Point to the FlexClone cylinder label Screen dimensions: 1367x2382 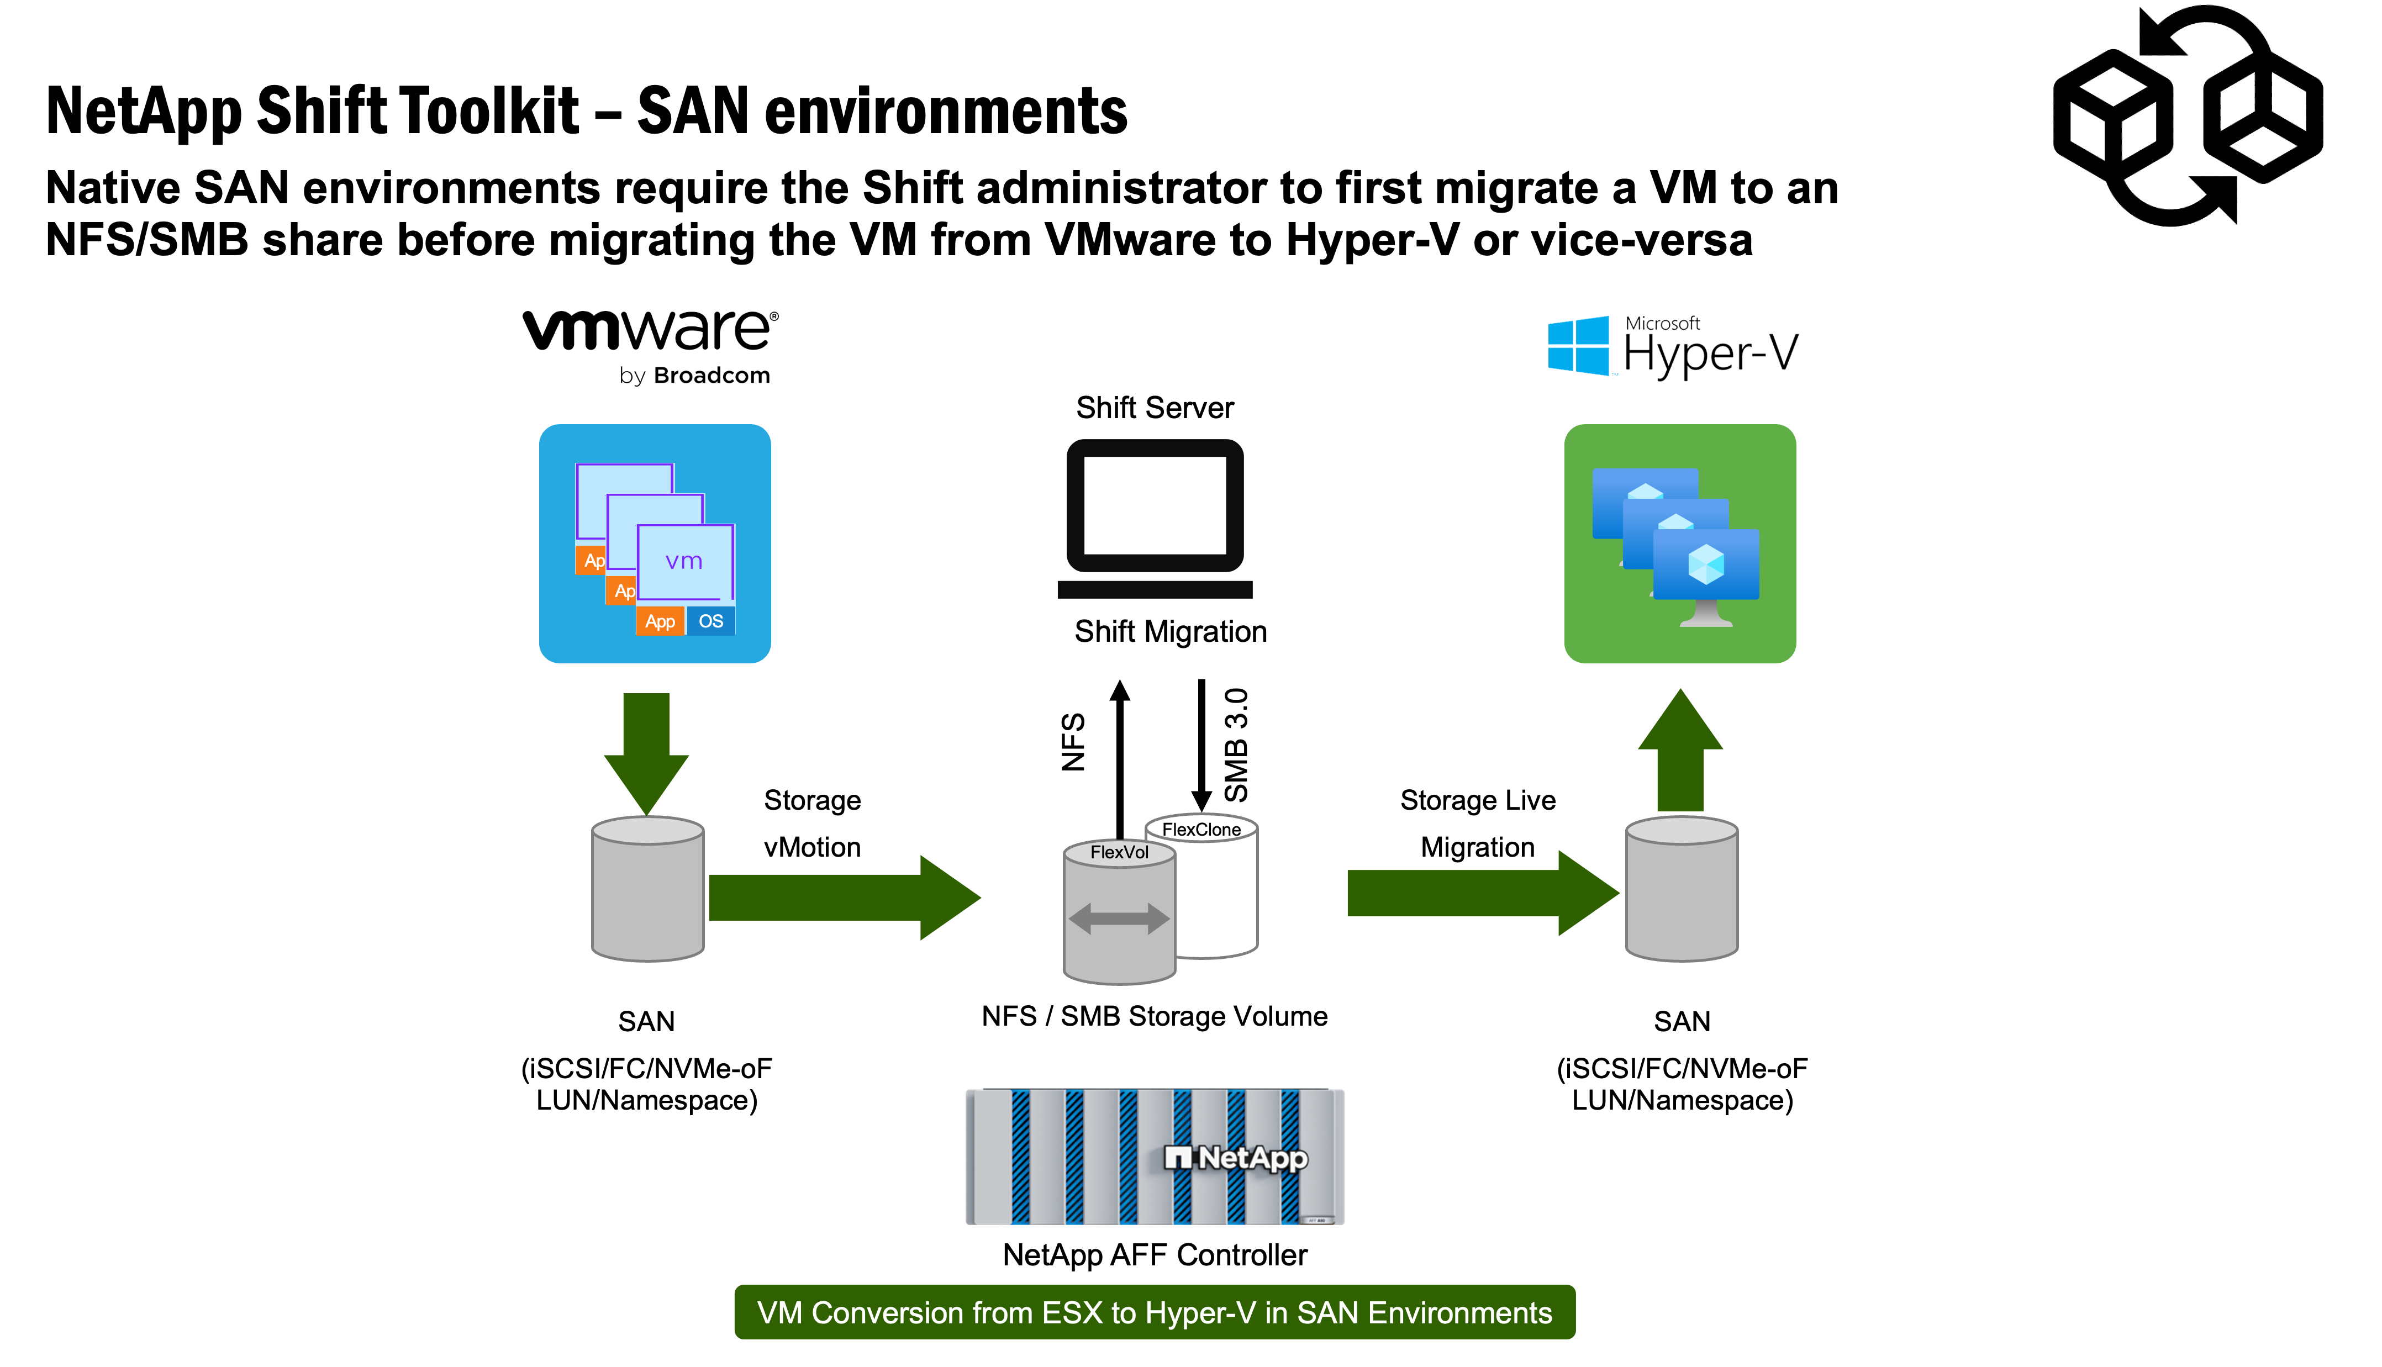(x=1201, y=829)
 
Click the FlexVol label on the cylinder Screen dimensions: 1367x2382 (x=1119, y=852)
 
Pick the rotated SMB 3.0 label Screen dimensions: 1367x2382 (x=1236, y=745)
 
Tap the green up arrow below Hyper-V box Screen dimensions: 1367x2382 (x=1680, y=751)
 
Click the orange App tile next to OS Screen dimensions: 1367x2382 (x=660, y=621)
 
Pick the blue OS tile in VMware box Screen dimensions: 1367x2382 (x=711, y=621)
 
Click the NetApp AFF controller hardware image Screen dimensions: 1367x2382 (x=1155, y=1157)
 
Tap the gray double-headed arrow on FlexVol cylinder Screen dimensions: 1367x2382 (x=1119, y=917)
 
